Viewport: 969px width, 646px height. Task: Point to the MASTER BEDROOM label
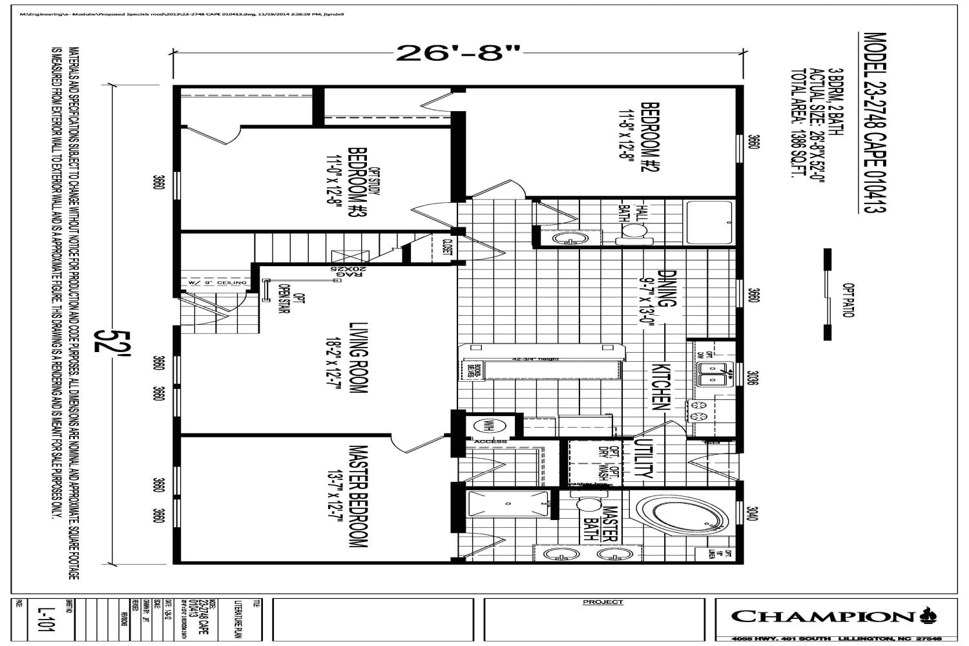coord(357,496)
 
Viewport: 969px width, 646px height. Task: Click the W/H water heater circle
coord(484,426)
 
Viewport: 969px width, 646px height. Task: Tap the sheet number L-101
coord(43,620)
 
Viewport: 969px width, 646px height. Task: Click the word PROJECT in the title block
coord(603,602)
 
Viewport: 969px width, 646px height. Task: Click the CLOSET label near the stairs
coord(447,248)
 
